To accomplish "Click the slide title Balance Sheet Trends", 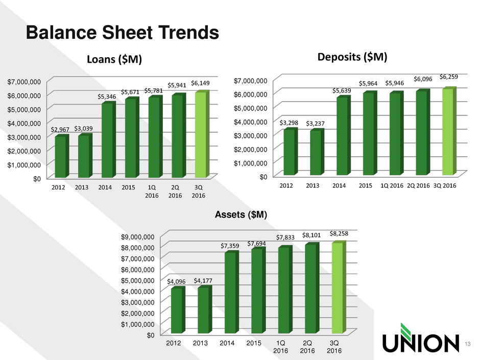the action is click(123, 33).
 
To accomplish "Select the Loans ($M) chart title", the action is click(114, 59).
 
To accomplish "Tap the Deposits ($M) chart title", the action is click(352, 57).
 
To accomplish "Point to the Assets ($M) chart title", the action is click(241, 214).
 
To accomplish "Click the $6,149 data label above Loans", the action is click(200, 83).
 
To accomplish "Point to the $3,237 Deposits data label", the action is click(315, 124).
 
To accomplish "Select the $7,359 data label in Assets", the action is click(230, 246).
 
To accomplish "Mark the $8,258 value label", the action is click(339, 233).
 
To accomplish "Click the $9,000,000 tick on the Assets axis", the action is click(138, 236).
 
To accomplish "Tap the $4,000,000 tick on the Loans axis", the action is click(24, 124).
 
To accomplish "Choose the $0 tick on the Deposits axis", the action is click(263, 177).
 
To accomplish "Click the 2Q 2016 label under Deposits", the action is click(419, 185).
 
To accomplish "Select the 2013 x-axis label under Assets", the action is click(200, 343).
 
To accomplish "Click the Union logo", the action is click(421, 338).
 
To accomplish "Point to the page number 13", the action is click(467, 344).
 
